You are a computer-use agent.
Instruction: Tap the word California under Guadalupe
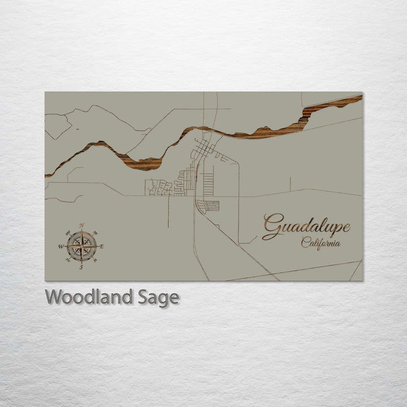pos(321,244)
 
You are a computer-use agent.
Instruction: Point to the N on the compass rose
pos(82,226)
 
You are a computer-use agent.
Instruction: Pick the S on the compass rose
pos(81,267)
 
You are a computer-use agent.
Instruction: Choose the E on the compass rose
pos(102,246)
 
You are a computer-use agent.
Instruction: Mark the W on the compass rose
pos(60,246)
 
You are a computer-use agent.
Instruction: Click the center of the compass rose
pos(81,246)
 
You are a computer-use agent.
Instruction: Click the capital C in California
pos(305,243)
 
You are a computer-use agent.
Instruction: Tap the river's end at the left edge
pos(47,175)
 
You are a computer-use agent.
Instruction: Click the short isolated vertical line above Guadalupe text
pos(291,184)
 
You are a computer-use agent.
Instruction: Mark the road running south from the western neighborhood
pos(168,211)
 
